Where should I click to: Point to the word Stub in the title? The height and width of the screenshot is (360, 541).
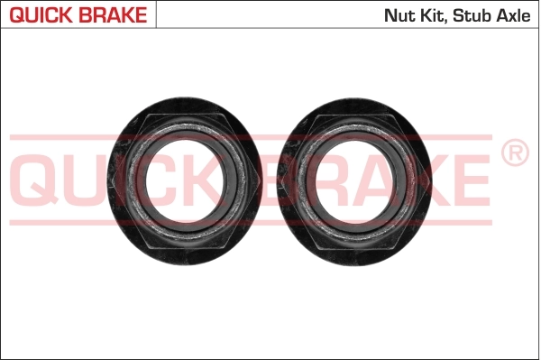tap(474, 15)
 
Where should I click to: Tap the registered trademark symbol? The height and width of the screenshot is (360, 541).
tap(515, 153)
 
